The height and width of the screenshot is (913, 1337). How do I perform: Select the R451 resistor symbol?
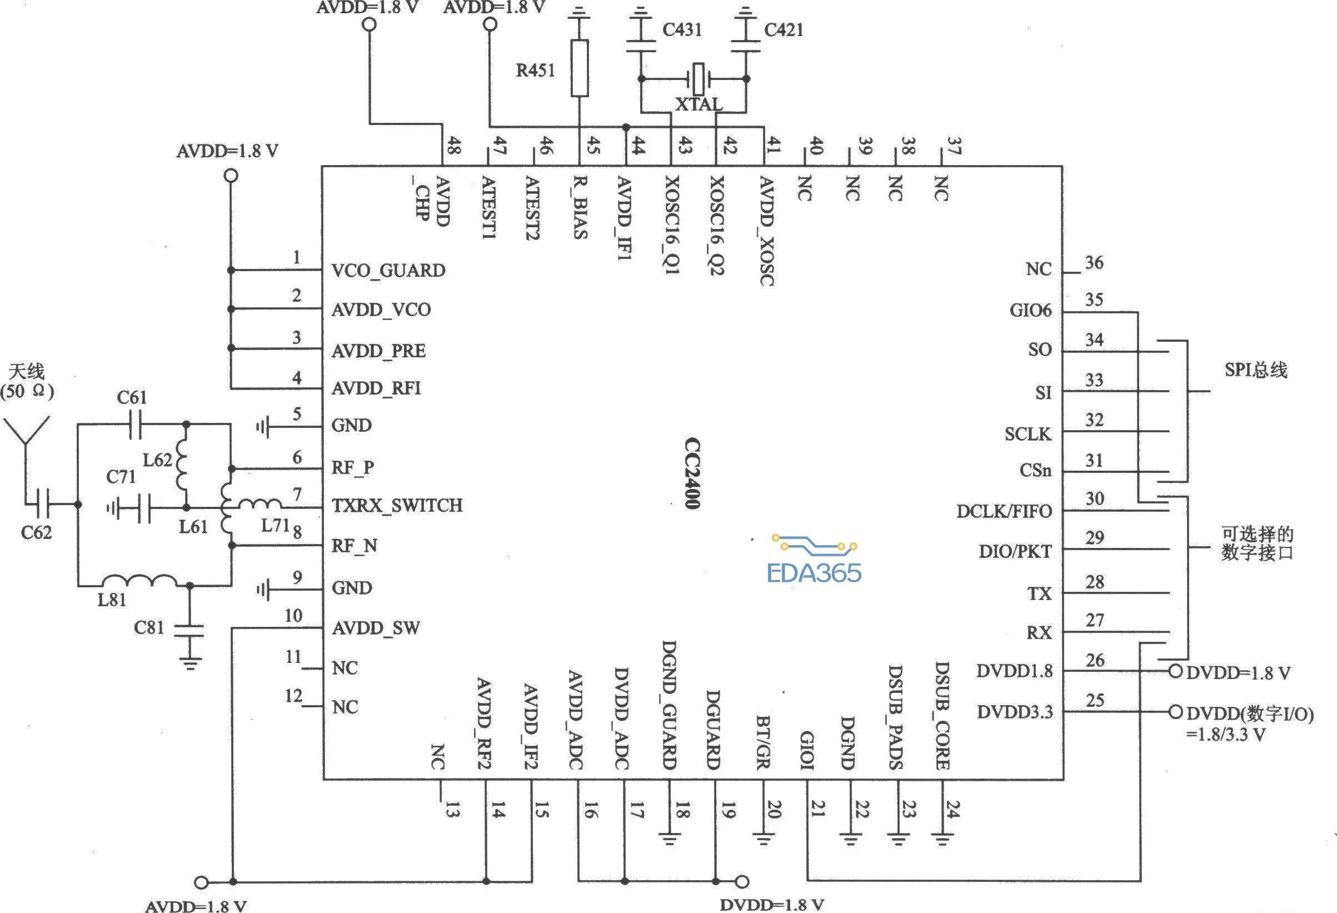tap(580, 68)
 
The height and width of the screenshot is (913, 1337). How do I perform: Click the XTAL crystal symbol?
tap(699, 79)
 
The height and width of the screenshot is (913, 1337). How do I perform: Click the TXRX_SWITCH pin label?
tap(397, 506)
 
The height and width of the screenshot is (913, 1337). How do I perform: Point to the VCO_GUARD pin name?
tap(388, 271)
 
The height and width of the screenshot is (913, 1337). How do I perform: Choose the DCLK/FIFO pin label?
tap(1004, 511)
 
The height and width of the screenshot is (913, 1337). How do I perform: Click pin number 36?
tap(1094, 263)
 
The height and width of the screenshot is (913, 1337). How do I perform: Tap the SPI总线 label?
tap(1256, 370)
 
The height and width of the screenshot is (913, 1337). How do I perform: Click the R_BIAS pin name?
tap(581, 207)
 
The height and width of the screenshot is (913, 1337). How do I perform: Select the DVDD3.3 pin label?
tap(1015, 712)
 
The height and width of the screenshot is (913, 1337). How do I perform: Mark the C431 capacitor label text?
tap(682, 29)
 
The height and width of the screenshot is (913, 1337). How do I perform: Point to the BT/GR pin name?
tap(763, 742)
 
